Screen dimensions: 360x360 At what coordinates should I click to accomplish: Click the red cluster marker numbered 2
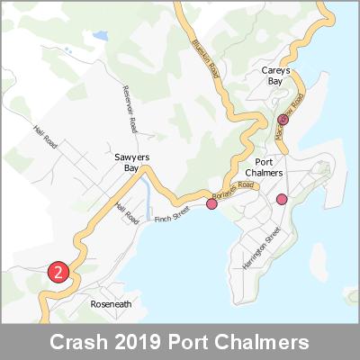click(58, 272)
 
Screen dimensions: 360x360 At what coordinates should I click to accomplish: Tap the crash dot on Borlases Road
click(212, 204)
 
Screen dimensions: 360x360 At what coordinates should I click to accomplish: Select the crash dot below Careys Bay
click(283, 119)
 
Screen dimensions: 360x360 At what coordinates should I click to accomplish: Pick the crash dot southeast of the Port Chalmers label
click(282, 199)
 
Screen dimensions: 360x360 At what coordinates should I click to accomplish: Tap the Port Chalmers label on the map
click(264, 166)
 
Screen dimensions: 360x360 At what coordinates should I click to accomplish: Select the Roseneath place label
click(111, 304)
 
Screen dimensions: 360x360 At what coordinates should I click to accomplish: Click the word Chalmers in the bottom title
click(269, 343)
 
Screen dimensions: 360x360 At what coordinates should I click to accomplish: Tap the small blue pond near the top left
click(98, 37)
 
